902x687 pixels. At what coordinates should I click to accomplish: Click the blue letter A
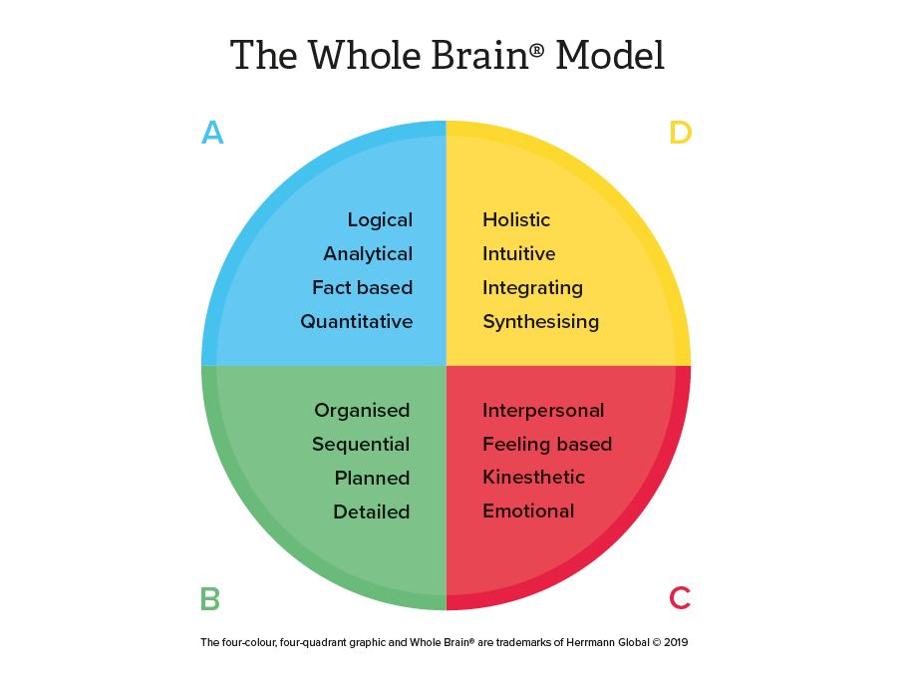coord(212,133)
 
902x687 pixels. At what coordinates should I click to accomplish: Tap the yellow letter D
coord(680,133)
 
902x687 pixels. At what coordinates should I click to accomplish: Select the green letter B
coord(209,599)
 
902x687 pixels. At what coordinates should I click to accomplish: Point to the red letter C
coord(680,598)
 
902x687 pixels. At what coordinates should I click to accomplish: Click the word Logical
coord(380,220)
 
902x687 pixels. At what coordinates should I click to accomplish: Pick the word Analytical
coord(368,254)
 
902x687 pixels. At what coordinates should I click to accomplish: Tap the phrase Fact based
coord(362,288)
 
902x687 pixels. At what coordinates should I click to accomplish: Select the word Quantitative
coord(357,322)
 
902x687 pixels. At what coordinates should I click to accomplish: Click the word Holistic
coord(516,220)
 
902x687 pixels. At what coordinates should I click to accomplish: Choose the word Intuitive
coord(519,254)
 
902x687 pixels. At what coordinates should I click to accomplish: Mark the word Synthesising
coord(541,322)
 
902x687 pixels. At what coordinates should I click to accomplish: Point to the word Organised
coord(362,411)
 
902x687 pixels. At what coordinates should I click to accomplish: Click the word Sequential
coord(361,445)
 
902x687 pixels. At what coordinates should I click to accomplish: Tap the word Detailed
coord(372,513)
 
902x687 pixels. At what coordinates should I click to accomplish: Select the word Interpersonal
coord(543,411)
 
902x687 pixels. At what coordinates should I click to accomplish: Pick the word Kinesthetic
coord(534,478)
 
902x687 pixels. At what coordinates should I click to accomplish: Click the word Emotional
coord(528,512)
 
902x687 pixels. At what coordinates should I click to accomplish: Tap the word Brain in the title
coord(480,55)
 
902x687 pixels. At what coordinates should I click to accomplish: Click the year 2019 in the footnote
coord(675,643)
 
